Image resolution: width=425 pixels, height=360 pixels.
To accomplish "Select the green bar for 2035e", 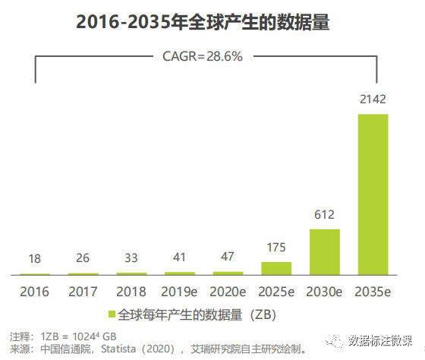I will (x=373, y=194).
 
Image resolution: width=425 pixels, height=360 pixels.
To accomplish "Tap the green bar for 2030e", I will (x=324, y=251).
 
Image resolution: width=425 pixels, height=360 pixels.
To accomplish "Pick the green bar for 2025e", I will (x=276, y=267).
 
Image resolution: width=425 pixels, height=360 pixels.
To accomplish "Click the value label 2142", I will (x=373, y=99).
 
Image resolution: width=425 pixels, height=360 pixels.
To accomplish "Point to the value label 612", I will (x=324, y=215).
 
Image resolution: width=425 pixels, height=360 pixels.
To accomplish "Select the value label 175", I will (x=276, y=248).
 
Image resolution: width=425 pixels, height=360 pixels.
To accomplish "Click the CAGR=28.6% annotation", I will (x=203, y=56).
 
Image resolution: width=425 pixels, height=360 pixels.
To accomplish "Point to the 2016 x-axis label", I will (x=35, y=291).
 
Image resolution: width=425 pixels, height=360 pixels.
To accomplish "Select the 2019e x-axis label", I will (x=180, y=291).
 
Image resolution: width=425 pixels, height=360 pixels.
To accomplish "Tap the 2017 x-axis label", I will (x=83, y=291).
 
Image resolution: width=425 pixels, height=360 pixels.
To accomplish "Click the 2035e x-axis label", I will (x=373, y=291).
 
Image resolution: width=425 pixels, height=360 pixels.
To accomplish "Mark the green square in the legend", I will (x=112, y=314).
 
